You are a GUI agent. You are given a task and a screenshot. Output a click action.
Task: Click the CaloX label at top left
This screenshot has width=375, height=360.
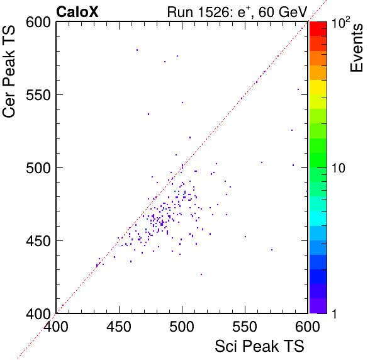[x=77, y=12]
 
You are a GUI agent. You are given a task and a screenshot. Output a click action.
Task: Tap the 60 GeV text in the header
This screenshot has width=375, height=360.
[x=283, y=12]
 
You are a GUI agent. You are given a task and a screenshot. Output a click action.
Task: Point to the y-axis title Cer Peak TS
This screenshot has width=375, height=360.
[x=9, y=72]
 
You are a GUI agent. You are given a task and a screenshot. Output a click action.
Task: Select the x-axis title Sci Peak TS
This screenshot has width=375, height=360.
[x=259, y=346]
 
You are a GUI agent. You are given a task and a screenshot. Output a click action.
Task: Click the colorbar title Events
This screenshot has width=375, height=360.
[x=356, y=48]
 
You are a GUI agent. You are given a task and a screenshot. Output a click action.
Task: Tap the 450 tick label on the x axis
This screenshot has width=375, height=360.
[x=119, y=327]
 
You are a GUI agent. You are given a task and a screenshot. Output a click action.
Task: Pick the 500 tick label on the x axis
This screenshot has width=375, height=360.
[x=182, y=327]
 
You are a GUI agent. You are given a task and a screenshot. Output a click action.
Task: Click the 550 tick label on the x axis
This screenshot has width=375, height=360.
[x=245, y=327]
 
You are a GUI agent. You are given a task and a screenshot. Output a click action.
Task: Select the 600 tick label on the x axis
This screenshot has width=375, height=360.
[x=308, y=327]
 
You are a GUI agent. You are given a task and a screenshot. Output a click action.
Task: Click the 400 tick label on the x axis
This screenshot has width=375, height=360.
[x=56, y=327]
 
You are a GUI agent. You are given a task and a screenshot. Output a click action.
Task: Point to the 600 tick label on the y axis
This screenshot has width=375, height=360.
[x=38, y=23]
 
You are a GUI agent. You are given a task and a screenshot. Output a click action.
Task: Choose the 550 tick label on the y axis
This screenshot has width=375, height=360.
[x=38, y=96]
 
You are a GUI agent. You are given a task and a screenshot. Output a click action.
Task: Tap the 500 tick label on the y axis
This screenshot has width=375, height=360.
[x=38, y=169]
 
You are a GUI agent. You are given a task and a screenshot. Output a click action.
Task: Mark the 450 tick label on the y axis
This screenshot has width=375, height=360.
[x=38, y=241]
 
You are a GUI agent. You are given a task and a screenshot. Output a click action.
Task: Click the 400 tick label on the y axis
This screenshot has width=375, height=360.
[x=38, y=313]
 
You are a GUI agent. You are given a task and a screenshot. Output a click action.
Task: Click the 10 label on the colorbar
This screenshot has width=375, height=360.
[x=339, y=168]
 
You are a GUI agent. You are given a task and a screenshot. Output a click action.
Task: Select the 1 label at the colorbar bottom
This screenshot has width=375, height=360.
[x=334, y=313]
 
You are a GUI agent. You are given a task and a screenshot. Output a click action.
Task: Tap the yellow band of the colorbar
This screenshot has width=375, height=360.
[x=318, y=87]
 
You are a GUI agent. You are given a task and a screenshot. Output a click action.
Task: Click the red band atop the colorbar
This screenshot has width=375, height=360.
[x=318, y=29]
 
